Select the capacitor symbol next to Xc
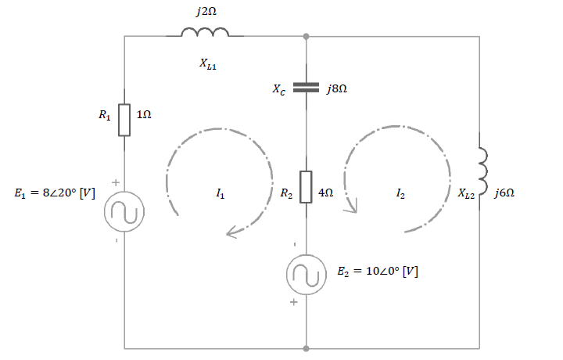coord(306,88)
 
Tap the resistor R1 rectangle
coord(124,120)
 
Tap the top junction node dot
coord(306,36)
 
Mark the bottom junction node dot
coord(306,348)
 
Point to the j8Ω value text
coord(337,89)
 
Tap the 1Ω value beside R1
coord(144,114)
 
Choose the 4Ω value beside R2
coord(325,193)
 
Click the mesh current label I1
coord(220,194)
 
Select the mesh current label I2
coord(400,194)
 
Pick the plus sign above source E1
coord(115,182)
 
